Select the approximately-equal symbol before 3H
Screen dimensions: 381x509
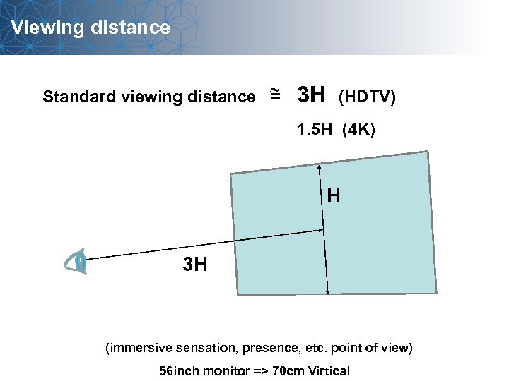point(275,95)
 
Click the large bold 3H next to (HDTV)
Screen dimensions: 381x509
point(311,94)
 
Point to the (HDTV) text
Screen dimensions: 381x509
point(368,96)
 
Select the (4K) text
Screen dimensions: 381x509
point(359,130)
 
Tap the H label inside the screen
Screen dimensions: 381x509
point(334,196)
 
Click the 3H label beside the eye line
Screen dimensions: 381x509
point(195,265)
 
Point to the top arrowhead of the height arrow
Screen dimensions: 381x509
point(320,168)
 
